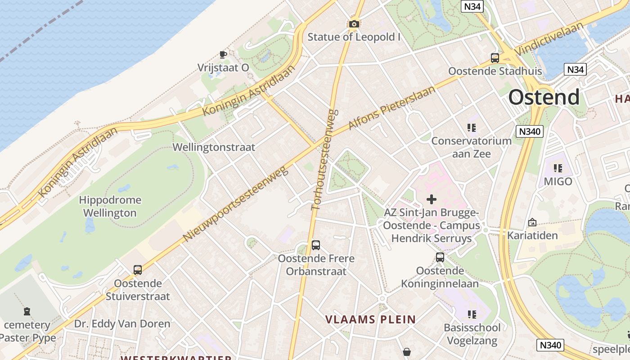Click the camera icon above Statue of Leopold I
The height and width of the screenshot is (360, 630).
coord(354,24)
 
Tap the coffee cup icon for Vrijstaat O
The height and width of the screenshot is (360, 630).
coord(223,55)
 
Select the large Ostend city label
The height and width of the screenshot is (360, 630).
coord(544,97)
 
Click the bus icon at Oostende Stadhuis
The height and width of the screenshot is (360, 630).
coord(495,58)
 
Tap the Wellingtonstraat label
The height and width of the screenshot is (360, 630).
coord(214,147)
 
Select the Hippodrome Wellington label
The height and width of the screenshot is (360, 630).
coord(110,206)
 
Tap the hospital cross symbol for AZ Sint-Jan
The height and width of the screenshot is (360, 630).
coord(432,199)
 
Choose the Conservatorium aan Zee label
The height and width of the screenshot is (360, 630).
coord(471,147)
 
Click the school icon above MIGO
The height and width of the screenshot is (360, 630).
coord(558,168)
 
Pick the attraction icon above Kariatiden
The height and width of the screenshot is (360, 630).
coord(532,222)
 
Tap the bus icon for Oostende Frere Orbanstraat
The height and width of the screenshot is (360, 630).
coord(316,245)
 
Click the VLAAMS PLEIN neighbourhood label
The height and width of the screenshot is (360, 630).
coord(370,319)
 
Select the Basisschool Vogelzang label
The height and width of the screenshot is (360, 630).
coord(472,334)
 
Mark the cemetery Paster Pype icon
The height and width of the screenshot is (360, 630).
coord(27,311)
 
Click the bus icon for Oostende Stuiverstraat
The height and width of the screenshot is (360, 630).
coord(138,270)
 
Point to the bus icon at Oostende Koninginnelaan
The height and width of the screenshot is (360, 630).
coord(440,257)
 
